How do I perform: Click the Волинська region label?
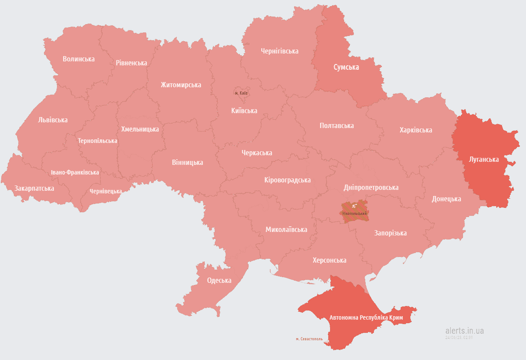coord(78,59)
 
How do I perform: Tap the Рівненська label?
coord(131,63)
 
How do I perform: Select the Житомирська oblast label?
coord(181,85)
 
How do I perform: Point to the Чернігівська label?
coord(279,51)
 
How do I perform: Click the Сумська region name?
coord(346,67)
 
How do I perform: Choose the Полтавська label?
coord(337,125)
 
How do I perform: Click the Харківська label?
coord(416,130)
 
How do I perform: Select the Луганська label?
coord(483,159)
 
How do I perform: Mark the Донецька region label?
coord(446,199)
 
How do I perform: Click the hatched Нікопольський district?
coord(354,211)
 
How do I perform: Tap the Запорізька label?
coord(390,233)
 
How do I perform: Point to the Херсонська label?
coord(329,260)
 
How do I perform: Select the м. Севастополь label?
coord(309,339)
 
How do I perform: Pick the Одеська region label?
coord(219,281)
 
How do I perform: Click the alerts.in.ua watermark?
coord(464,331)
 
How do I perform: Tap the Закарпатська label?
coord(34,188)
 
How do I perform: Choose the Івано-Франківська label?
coord(75,172)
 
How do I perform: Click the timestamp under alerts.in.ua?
coord(459,338)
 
